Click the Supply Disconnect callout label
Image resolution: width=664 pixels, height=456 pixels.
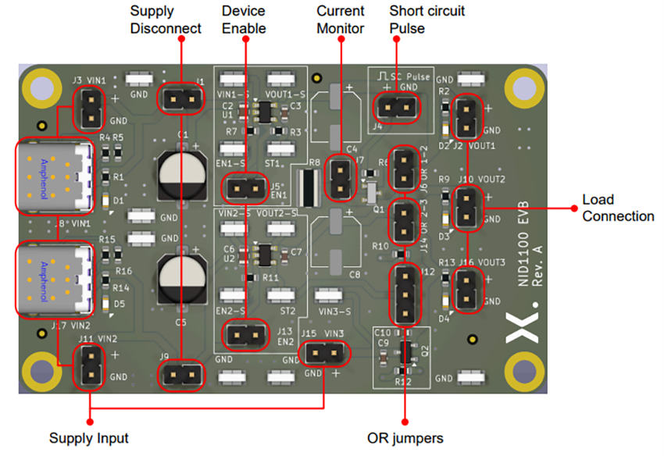pos(165,20)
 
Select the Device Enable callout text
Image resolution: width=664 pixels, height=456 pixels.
pos(244,20)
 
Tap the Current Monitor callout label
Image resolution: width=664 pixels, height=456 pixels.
pos(340,20)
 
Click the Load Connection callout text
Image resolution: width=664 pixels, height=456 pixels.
pos(618,207)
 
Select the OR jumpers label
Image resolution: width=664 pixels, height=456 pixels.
pos(405,437)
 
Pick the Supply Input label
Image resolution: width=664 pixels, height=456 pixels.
pos(89,437)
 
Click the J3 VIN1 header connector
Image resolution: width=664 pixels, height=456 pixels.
pos(91,109)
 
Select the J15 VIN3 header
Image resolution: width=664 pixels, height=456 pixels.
pos(324,355)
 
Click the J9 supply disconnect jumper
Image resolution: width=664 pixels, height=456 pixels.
pos(181,376)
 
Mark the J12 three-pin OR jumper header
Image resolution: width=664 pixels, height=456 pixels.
pos(405,294)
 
